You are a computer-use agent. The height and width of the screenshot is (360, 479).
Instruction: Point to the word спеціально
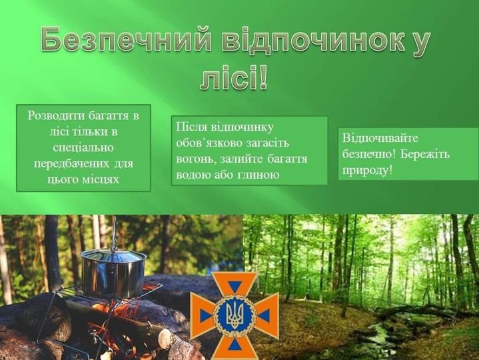coord(83,147)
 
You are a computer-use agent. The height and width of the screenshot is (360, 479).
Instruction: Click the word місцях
coord(101,179)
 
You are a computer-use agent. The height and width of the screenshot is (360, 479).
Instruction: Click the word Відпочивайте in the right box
coord(380,138)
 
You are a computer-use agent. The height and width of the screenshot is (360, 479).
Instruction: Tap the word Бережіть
coord(425,154)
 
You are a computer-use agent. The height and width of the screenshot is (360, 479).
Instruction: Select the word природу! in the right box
coord(367,170)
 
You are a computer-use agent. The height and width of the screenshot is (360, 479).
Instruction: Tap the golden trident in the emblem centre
coord(235,315)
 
